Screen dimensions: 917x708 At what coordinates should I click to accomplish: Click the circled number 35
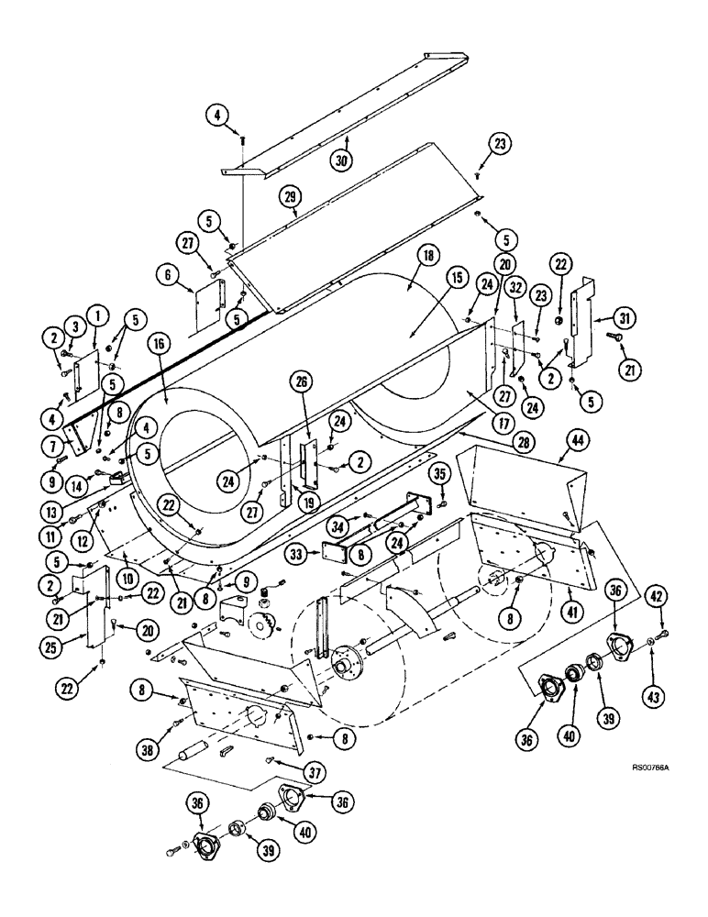pos(440,474)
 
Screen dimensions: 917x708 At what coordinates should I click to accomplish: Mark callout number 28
pos(473,443)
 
